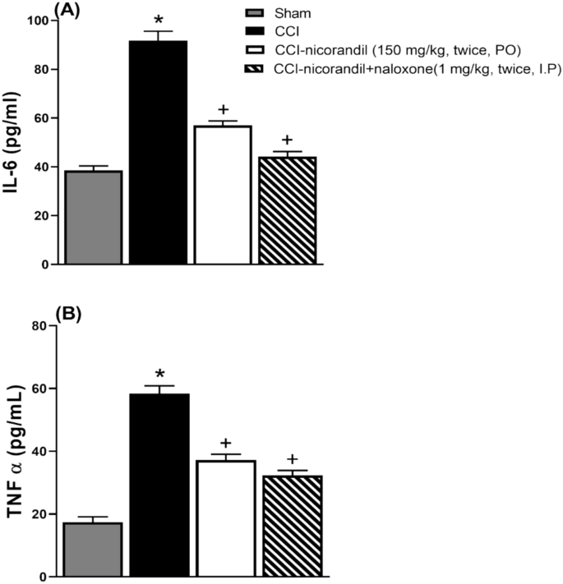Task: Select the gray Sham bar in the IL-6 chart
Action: (94, 218)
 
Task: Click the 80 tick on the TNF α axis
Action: (37, 325)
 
